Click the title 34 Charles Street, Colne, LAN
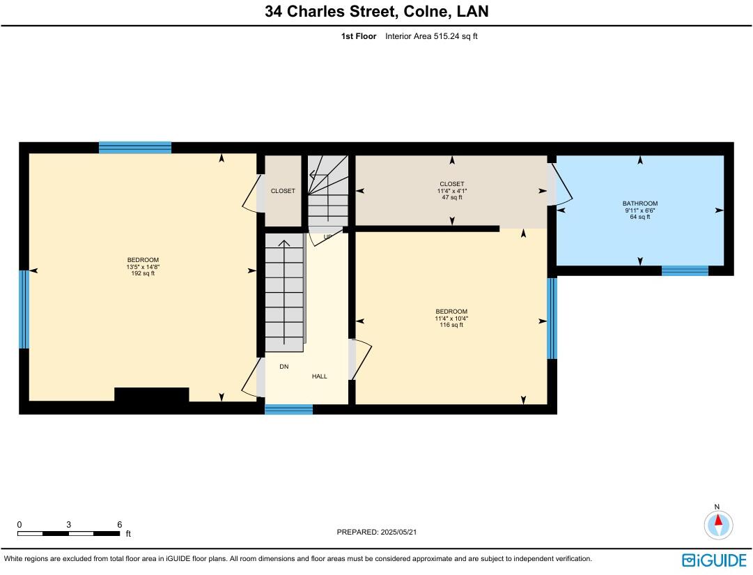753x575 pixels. (376, 12)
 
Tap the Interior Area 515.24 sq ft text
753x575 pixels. (430, 36)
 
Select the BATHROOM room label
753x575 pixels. (639, 204)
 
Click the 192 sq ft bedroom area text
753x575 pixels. (143, 273)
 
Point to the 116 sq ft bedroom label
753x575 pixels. (451, 325)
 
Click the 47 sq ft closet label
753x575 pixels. (451, 197)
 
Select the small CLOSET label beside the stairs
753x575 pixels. (283, 191)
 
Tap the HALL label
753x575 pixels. (319, 376)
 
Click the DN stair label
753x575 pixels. (284, 366)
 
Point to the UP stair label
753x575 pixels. (327, 237)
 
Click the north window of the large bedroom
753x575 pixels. (135, 147)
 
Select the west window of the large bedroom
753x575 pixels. (24, 309)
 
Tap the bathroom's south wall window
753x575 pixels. (684, 270)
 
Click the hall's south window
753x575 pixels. (288, 409)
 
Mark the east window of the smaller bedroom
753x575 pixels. (552, 318)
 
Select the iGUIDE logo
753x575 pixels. (714, 560)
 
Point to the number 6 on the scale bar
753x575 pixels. (120, 525)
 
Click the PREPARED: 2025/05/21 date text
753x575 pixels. (376, 532)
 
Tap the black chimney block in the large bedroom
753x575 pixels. (151, 395)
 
